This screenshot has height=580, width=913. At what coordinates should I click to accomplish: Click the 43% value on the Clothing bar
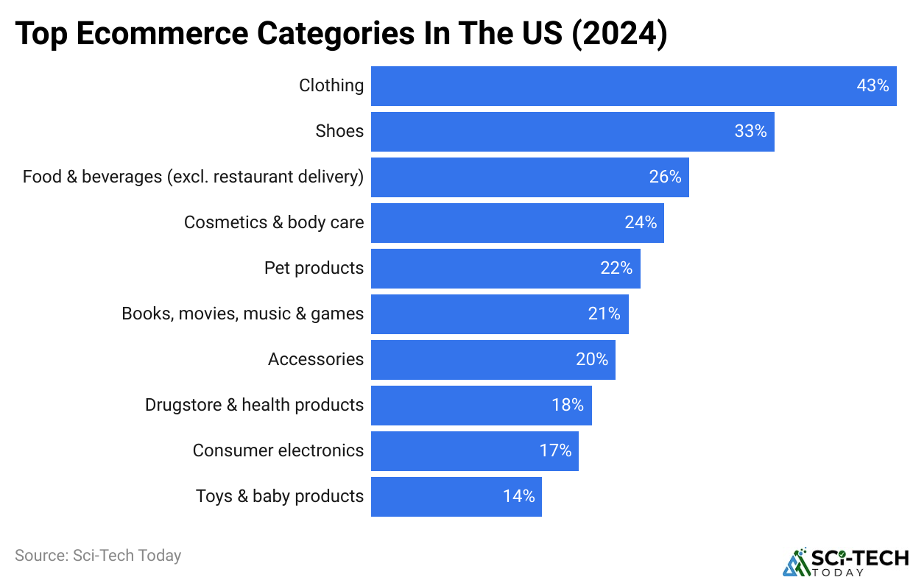873,86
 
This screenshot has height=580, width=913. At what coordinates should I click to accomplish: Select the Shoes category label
339,132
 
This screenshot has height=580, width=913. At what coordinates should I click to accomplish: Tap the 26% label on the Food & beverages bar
665,177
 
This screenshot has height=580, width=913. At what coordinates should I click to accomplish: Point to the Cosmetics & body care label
274,223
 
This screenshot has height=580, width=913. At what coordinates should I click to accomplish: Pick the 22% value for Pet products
616,269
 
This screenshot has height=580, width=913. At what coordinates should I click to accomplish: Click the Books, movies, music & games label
243,314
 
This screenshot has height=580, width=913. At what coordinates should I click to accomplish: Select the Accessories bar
493,360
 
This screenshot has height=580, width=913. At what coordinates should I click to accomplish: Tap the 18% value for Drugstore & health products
568,406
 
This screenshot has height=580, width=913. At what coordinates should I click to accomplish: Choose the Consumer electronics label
278,451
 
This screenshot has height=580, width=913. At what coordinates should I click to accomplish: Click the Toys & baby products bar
456,497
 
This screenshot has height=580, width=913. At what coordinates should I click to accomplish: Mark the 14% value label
519,497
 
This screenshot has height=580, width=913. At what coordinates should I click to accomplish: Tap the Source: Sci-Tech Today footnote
98,556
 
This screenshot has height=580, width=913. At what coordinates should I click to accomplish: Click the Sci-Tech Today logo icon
795,562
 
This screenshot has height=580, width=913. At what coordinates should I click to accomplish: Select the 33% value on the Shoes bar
750,132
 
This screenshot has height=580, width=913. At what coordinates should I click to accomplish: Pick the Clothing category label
331,86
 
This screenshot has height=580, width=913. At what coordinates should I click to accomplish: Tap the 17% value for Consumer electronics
555,451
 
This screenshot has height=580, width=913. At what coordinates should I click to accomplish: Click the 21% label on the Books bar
604,314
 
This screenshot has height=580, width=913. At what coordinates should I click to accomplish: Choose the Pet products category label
314,269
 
